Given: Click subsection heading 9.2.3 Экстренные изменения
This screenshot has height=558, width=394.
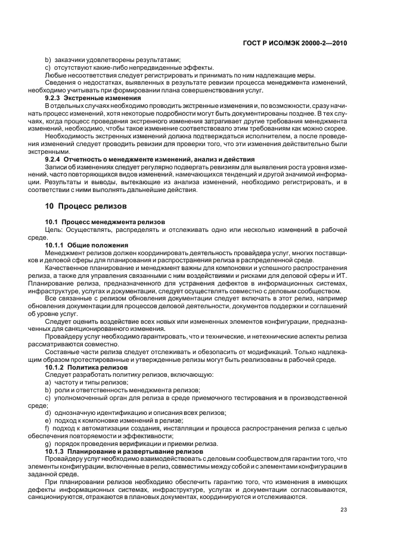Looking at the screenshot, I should [93, 97].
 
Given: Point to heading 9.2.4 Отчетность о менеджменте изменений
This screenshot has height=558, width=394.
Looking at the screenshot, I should [150, 159].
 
